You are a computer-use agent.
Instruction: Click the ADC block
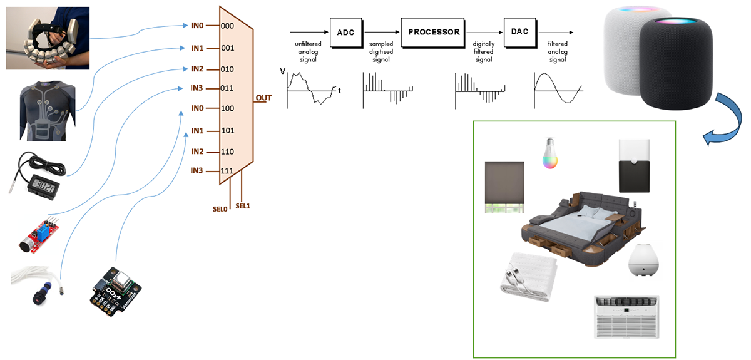345,33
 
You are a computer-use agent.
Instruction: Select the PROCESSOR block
434,33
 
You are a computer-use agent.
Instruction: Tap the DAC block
521,33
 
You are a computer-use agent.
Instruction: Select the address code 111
228,172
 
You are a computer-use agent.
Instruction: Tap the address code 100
228,109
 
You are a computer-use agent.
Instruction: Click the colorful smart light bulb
551,153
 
